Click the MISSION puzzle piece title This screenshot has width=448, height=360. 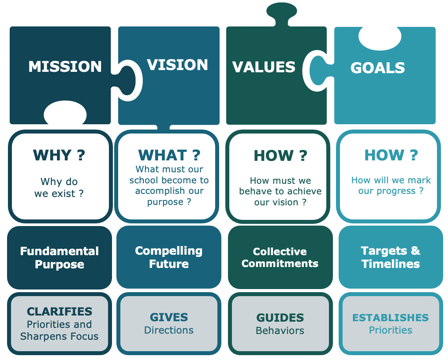point(65,67)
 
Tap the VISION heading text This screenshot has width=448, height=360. point(177,65)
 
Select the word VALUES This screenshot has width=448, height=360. point(264,67)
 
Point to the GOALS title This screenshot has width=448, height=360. point(377,68)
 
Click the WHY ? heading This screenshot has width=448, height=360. point(59,155)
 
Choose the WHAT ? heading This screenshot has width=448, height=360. point(169,155)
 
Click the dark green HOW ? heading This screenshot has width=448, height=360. point(280,156)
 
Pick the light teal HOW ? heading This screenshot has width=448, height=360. point(391,155)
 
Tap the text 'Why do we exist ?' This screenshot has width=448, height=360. point(59,187)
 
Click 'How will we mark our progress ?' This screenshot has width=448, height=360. point(391,186)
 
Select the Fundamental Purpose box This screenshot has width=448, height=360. point(60,258)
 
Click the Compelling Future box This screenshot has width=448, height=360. point(169,257)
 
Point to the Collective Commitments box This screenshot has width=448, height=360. point(280,258)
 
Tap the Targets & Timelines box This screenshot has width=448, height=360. point(391,257)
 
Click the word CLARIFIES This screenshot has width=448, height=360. point(60,312)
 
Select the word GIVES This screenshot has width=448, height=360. point(169,317)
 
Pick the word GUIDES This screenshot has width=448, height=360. point(280,318)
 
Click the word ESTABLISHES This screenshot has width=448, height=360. point(391,318)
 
